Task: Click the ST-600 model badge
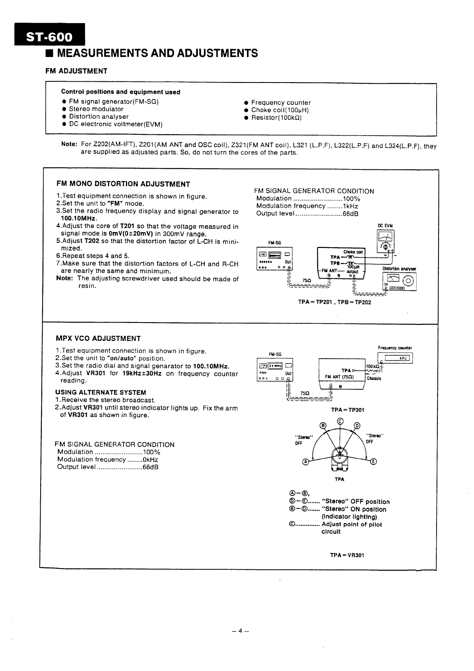tap(49, 37)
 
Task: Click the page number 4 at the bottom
tap(241, 631)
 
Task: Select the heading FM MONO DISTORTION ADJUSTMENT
tap(123, 184)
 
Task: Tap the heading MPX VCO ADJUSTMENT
tap(98, 338)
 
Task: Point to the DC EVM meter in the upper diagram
tap(385, 242)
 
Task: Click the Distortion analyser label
tap(399, 269)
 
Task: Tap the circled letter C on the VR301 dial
tap(340, 421)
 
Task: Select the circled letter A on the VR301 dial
tap(306, 461)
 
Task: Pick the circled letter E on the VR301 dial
tap(373, 461)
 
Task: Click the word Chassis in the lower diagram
tap(374, 378)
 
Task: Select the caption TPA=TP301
tap(348, 409)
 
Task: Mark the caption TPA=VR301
tap(347, 555)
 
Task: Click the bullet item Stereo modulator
tap(96, 109)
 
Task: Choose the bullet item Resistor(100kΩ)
tap(276, 118)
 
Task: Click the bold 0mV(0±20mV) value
tap(131, 234)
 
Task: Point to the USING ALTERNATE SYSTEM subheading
tap(101, 392)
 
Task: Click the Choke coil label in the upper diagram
tap(353, 252)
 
